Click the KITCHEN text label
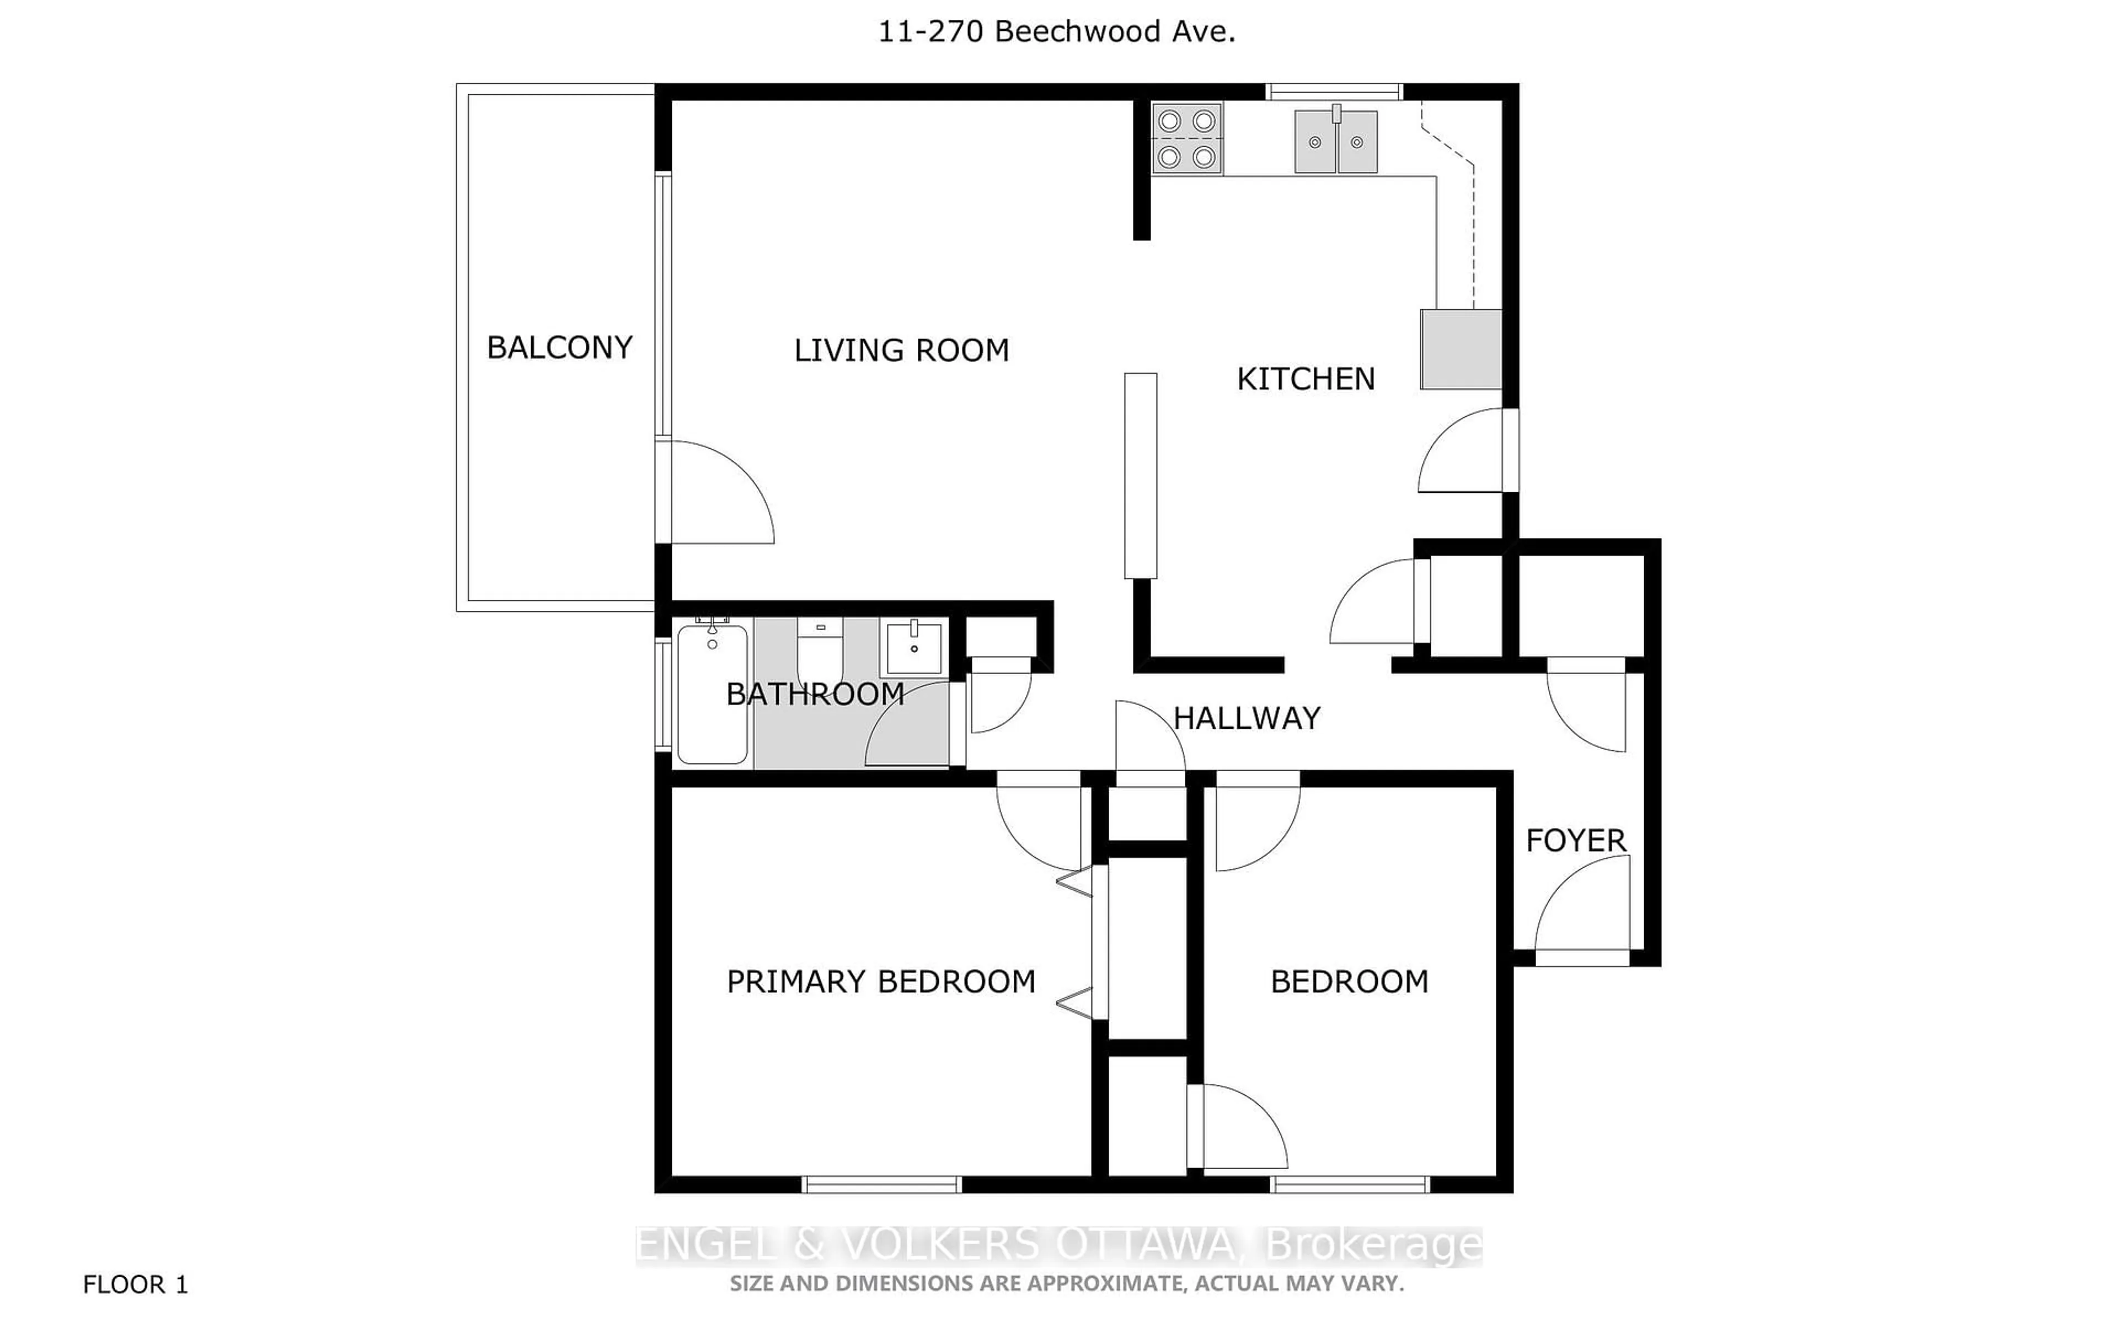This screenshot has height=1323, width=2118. point(1305,379)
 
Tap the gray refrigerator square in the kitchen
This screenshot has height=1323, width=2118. point(1460,348)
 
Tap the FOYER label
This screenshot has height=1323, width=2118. point(1575,841)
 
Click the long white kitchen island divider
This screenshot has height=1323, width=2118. point(1141,475)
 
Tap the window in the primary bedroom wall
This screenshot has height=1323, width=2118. point(881,1185)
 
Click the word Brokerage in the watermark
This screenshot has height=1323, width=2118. point(1374,1244)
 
